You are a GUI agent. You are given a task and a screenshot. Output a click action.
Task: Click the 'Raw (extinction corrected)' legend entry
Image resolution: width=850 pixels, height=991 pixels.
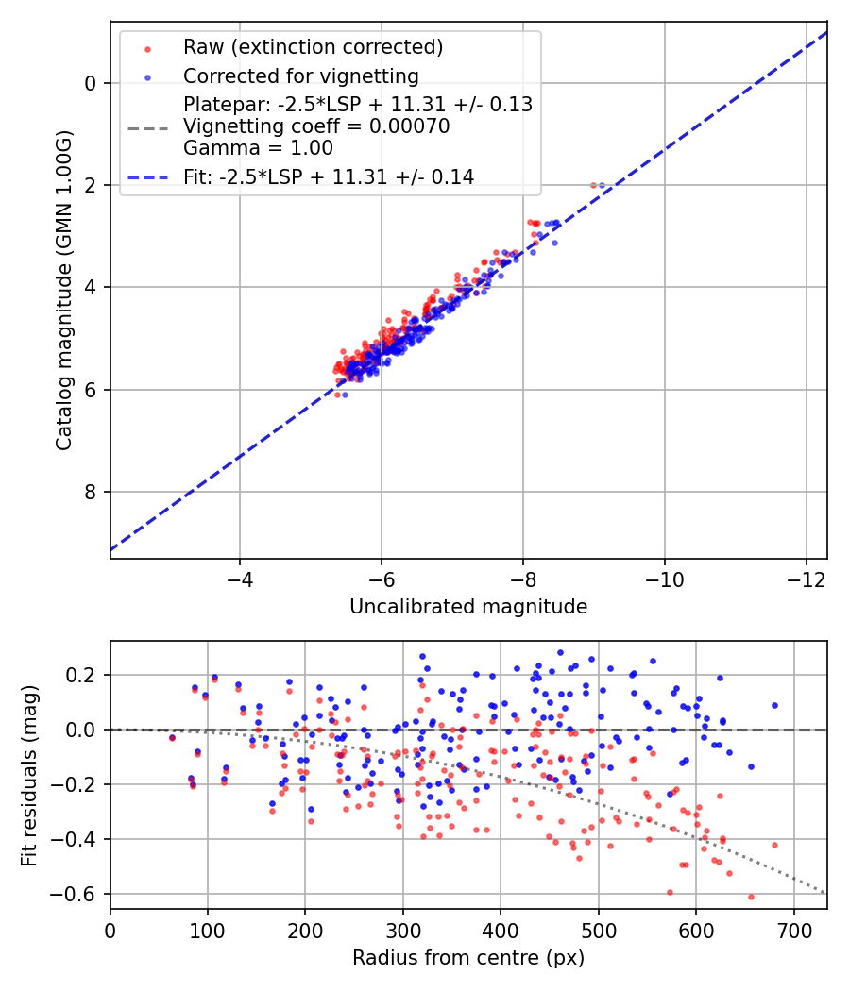313,47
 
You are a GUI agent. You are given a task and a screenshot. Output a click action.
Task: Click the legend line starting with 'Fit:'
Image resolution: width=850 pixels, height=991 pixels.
329,176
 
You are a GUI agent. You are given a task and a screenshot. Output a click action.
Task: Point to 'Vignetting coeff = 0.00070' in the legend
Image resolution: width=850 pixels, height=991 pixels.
316,126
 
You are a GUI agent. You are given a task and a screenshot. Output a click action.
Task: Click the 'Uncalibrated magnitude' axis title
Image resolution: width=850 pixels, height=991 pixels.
468,607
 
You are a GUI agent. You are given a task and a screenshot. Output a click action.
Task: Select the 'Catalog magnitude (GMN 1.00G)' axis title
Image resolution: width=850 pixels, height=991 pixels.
64,290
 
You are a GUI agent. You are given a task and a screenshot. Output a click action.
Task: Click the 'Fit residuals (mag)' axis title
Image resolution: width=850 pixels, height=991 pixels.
29,775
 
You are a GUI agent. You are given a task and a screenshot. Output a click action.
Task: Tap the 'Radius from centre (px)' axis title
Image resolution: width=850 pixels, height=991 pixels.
468,958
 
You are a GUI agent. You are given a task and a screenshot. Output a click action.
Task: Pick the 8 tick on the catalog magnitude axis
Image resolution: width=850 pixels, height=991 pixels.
91,492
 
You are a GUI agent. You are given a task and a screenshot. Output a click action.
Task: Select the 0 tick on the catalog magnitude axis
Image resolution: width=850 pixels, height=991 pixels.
91,83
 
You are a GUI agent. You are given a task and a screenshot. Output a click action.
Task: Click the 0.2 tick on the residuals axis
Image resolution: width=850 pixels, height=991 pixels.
83,675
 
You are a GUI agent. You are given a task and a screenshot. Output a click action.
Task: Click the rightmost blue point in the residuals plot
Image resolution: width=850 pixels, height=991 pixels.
774,705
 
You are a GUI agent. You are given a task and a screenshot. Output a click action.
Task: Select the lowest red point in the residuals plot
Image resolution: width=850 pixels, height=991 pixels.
751,897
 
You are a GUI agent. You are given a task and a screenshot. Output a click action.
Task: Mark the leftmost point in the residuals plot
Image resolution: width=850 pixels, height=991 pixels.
172,738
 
